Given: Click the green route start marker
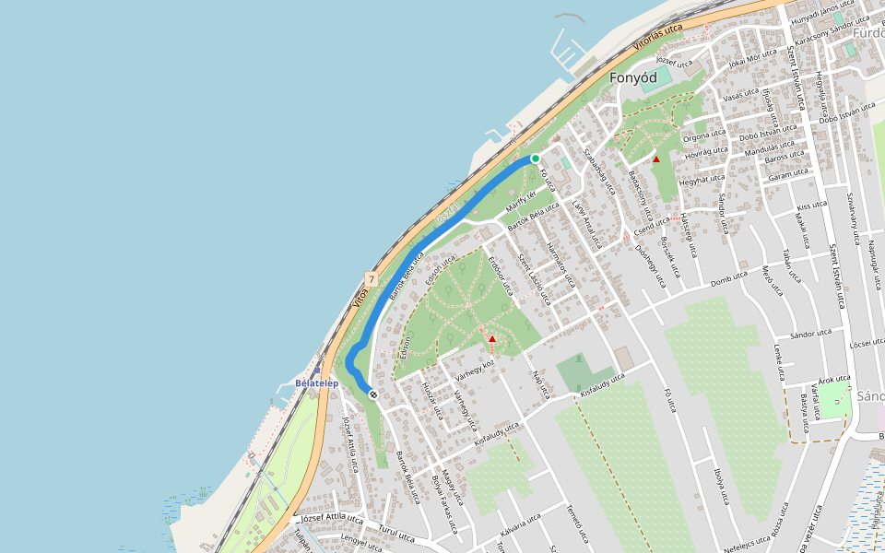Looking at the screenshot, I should (x=535, y=159).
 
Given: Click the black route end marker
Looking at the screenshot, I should (x=373, y=394).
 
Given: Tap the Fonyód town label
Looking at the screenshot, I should (x=633, y=78).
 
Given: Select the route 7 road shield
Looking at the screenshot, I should (x=371, y=278).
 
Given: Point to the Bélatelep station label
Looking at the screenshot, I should (x=317, y=382).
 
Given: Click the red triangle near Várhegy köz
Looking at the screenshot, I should (x=492, y=339).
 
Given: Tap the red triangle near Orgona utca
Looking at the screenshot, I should (x=656, y=159).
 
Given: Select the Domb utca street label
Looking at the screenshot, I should (x=728, y=277).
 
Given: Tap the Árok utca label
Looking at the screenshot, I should (x=833, y=378).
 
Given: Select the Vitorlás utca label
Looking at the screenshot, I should (x=658, y=37).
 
